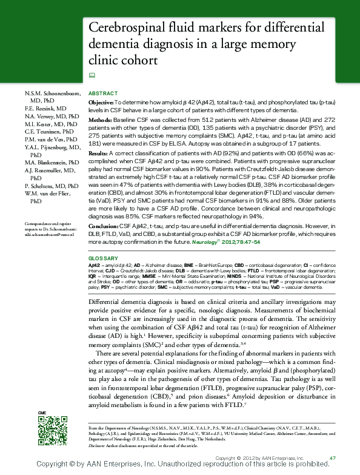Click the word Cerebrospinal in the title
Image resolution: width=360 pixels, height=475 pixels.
pos(126,28)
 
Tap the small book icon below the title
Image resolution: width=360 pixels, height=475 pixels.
pos(92,75)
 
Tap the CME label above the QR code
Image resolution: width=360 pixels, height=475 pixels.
pos(42,413)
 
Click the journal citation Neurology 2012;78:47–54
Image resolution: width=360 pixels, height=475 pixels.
pos(226,242)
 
